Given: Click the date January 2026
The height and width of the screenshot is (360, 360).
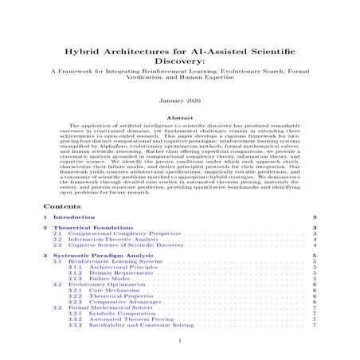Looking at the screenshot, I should [x=180, y=101].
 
